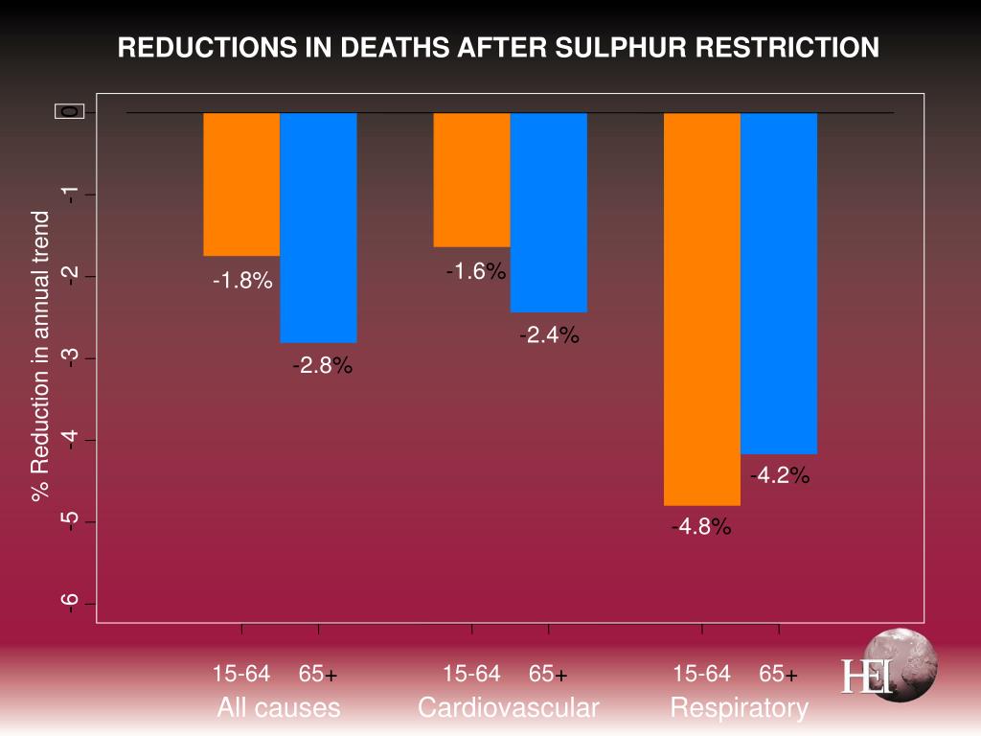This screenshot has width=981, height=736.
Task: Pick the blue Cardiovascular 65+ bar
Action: [548, 212]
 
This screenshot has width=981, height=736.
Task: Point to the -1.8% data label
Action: [242, 282]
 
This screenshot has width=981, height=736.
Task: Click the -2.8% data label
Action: [323, 366]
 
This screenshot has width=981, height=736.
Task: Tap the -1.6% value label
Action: [475, 272]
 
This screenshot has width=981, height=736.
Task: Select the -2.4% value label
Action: [549, 335]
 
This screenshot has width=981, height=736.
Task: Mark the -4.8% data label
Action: [701, 527]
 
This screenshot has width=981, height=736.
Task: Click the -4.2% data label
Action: [781, 476]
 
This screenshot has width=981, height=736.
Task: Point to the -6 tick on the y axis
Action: [69, 603]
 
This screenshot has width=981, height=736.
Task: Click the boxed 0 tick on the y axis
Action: [70, 112]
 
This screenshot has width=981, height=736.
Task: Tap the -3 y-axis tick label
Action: [69, 357]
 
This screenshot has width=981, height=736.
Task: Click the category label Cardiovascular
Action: [508, 708]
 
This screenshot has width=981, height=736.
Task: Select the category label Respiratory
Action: [739, 708]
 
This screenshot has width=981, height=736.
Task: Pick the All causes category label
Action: [278, 708]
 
